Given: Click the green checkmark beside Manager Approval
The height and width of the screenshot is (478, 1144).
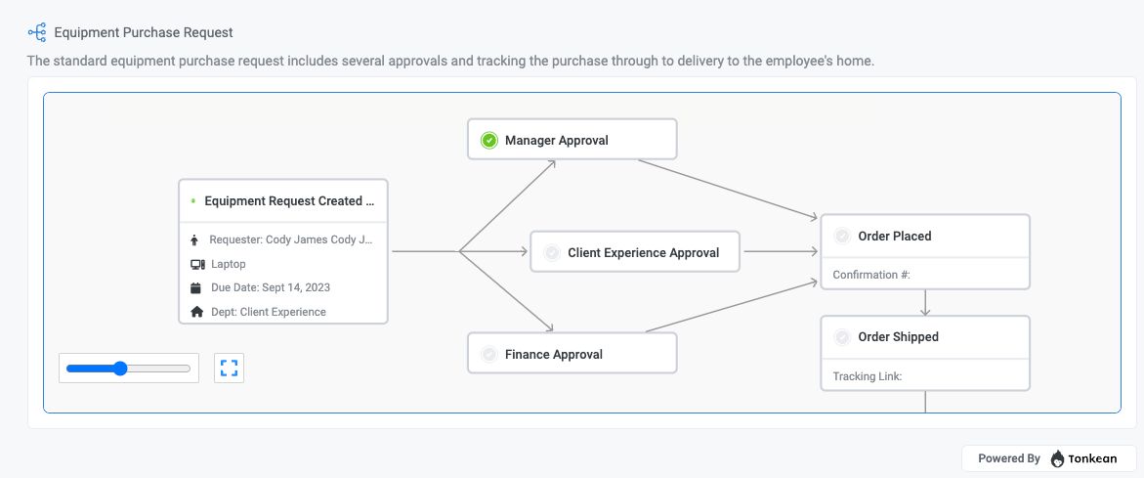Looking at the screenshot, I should [x=489, y=141].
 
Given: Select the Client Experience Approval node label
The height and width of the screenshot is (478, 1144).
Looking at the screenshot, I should [x=643, y=252].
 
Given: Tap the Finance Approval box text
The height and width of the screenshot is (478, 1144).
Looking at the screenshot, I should [x=553, y=355].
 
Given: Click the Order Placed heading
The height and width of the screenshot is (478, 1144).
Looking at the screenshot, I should [x=894, y=236].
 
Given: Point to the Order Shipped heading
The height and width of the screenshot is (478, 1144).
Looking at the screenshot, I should [x=898, y=337].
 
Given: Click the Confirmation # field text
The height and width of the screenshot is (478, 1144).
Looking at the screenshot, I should [x=871, y=275].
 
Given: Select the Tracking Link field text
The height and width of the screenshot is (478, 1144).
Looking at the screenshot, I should [x=867, y=376].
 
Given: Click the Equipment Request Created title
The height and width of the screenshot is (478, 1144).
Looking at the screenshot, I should [x=289, y=201].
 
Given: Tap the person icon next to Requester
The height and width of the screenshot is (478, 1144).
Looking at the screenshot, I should [x=196, y=239].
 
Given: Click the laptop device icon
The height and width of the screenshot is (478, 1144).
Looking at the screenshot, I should [x=197, y=264].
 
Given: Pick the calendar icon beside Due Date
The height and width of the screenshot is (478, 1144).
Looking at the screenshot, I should [x=196, y=288].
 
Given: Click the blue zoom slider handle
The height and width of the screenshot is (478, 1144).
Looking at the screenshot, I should [x=120, y=369].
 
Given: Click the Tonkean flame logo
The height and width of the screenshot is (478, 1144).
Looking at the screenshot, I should [x=1058, y=458].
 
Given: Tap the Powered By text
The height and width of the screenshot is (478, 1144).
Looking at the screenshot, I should [x=1008, y=458].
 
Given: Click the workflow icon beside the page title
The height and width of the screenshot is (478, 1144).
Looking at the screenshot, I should [x=37, y=33].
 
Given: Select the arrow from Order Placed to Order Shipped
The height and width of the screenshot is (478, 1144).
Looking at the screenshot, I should [x=925, y=302].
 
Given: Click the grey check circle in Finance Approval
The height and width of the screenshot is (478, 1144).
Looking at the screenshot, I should [x=489, y=355].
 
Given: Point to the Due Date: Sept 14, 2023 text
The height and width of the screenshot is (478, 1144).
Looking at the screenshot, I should [x=271, y=288].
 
